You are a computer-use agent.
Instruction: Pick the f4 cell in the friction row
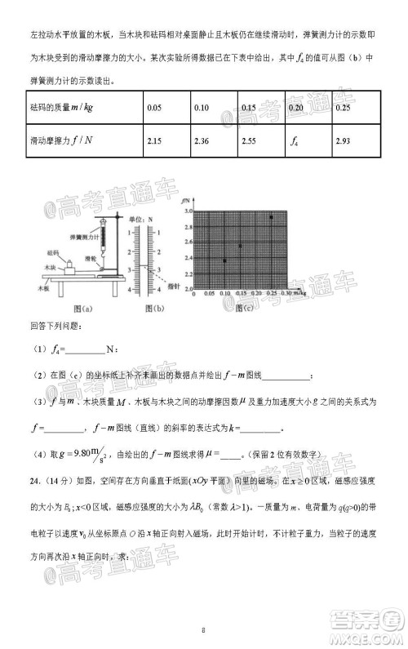point(295,143)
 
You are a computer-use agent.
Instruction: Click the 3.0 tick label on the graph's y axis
point(187,211)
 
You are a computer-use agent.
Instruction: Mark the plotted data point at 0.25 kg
point(271,217)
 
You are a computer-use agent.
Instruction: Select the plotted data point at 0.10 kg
point(224,260)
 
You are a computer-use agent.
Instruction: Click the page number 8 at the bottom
point(203,629)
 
